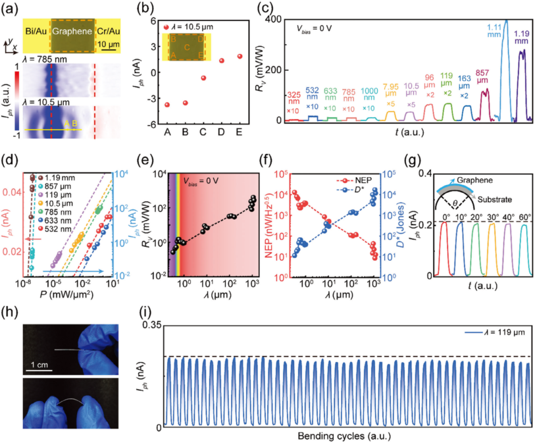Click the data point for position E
(240, 56)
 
